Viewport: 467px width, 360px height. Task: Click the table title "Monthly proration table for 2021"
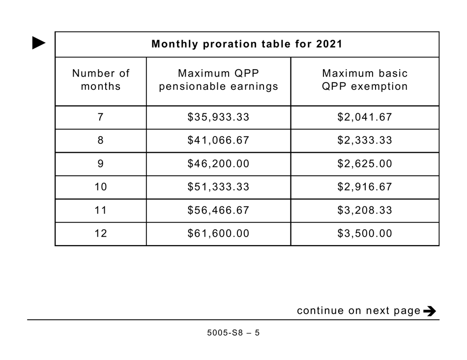point(247,44)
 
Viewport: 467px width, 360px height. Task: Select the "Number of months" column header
point(101,80)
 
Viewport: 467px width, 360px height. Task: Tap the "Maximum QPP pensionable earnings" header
point(218,80)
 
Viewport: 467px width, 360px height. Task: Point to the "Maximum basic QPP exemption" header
point(365,80)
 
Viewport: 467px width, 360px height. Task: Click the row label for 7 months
point(101,117)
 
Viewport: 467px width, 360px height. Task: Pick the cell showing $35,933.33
point(218,117)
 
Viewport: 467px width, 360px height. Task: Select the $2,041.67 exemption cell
point(365,117)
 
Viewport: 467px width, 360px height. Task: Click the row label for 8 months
point(101,140)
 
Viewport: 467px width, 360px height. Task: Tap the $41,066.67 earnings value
point(218,140)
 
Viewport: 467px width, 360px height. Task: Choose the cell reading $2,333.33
point(365,140)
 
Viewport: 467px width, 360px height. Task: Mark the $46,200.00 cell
point(218,164)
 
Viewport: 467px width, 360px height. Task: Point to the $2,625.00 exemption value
point(365,164)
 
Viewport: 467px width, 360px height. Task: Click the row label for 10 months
point(101,187)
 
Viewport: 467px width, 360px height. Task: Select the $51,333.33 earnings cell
point(218,187)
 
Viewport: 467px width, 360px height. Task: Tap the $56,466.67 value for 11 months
point(218,210)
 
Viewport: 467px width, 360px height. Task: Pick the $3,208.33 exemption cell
point(365,210)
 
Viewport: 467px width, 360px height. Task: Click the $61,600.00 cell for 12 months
point(218,234)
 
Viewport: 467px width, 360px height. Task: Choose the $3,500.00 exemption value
point(365,234)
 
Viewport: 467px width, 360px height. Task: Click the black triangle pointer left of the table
point(39,43)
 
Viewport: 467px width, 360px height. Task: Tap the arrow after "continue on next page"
point(429,311)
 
